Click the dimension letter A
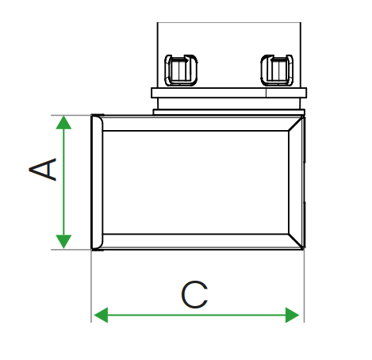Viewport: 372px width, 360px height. pos(43,170)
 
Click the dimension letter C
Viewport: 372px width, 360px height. pos(194,295)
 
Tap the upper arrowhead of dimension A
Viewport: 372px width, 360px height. pos(63,122)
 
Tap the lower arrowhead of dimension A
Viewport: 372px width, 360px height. pos(63,242)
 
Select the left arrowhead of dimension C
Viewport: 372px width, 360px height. pos(101,315)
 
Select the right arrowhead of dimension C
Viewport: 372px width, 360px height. pos(292,315)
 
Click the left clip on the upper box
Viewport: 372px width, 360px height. pos(181,71)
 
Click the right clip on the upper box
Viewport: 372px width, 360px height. pos(277,71)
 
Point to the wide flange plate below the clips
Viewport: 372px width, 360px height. pos(229,93)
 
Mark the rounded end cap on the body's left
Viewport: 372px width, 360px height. pos(97,182)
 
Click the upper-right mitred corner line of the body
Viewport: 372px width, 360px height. pos(296,124)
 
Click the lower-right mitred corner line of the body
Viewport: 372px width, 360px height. pos(296,241)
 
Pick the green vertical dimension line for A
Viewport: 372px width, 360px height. pos(63,182)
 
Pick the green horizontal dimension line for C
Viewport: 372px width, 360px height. pos(197,315)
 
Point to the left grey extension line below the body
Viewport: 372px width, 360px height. pos(91,286)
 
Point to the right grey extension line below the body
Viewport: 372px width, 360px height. pos(305,285)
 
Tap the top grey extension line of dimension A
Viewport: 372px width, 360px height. pos(71,115)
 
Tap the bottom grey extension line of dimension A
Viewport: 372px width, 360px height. pos(71,249)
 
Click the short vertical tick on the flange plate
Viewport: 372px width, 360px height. pos(266,93)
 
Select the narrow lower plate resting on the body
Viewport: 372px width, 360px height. pos(229,112)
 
